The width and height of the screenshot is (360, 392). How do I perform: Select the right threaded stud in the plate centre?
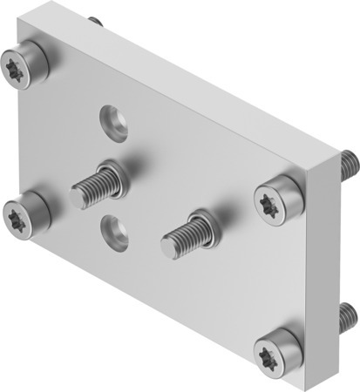point(185,232)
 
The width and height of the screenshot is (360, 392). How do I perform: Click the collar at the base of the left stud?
point(110,174)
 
